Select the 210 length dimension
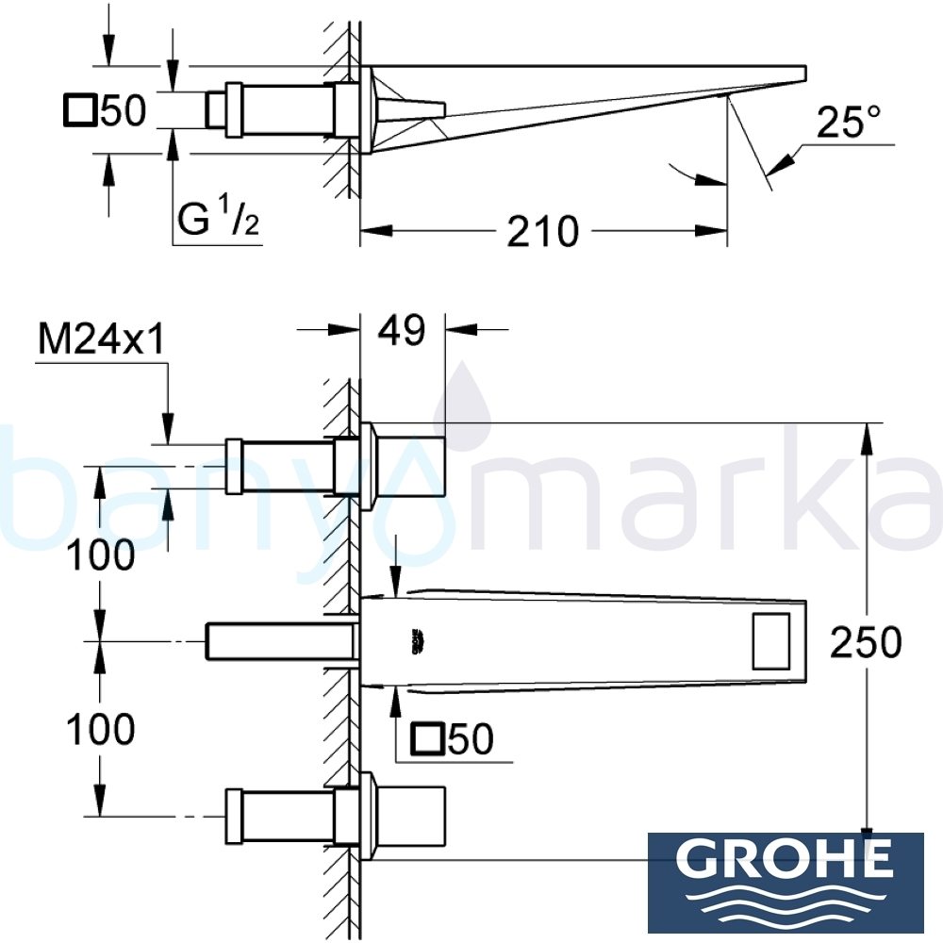pyautogui.click(x=542, y=231)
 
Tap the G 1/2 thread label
pyautogui.click(x=216, y=223)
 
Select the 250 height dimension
pyautogui.click(x=866, y=643)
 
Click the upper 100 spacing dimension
pyautogui.click(x=101, y=556)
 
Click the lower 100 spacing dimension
pyautogui.click(x=101, y=729)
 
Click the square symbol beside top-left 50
pyautogui.click(x=80, y=111)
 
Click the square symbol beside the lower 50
pyautogui.click(x=429, y=740)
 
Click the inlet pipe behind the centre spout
pyautogui.click(x=281, y=642)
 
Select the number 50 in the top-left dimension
pyautogui.click(x=123, y=111)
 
